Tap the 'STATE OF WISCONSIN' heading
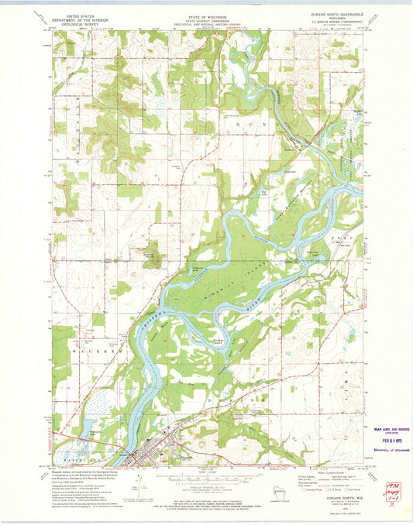tap(208, 15)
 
